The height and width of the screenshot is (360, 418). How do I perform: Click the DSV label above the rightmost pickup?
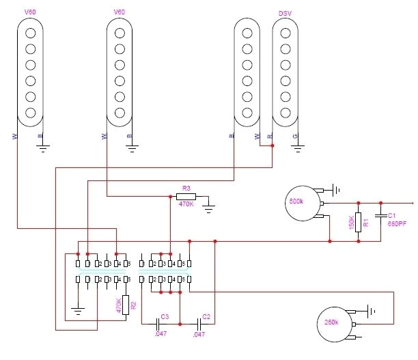[285, 13]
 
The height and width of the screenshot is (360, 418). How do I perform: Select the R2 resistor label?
[133, 305]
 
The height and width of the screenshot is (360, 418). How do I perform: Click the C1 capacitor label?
[392, 214]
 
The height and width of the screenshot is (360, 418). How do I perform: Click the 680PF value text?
[400, 223]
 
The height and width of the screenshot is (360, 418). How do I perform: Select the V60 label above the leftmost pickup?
[30, 12]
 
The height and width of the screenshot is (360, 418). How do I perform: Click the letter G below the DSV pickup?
[295, 137]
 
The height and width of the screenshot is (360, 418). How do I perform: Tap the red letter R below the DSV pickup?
[271, 137]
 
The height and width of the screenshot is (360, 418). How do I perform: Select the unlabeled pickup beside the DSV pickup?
[247, 72]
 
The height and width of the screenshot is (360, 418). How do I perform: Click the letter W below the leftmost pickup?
[15, 137]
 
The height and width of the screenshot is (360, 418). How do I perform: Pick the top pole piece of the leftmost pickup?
[30, 33]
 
